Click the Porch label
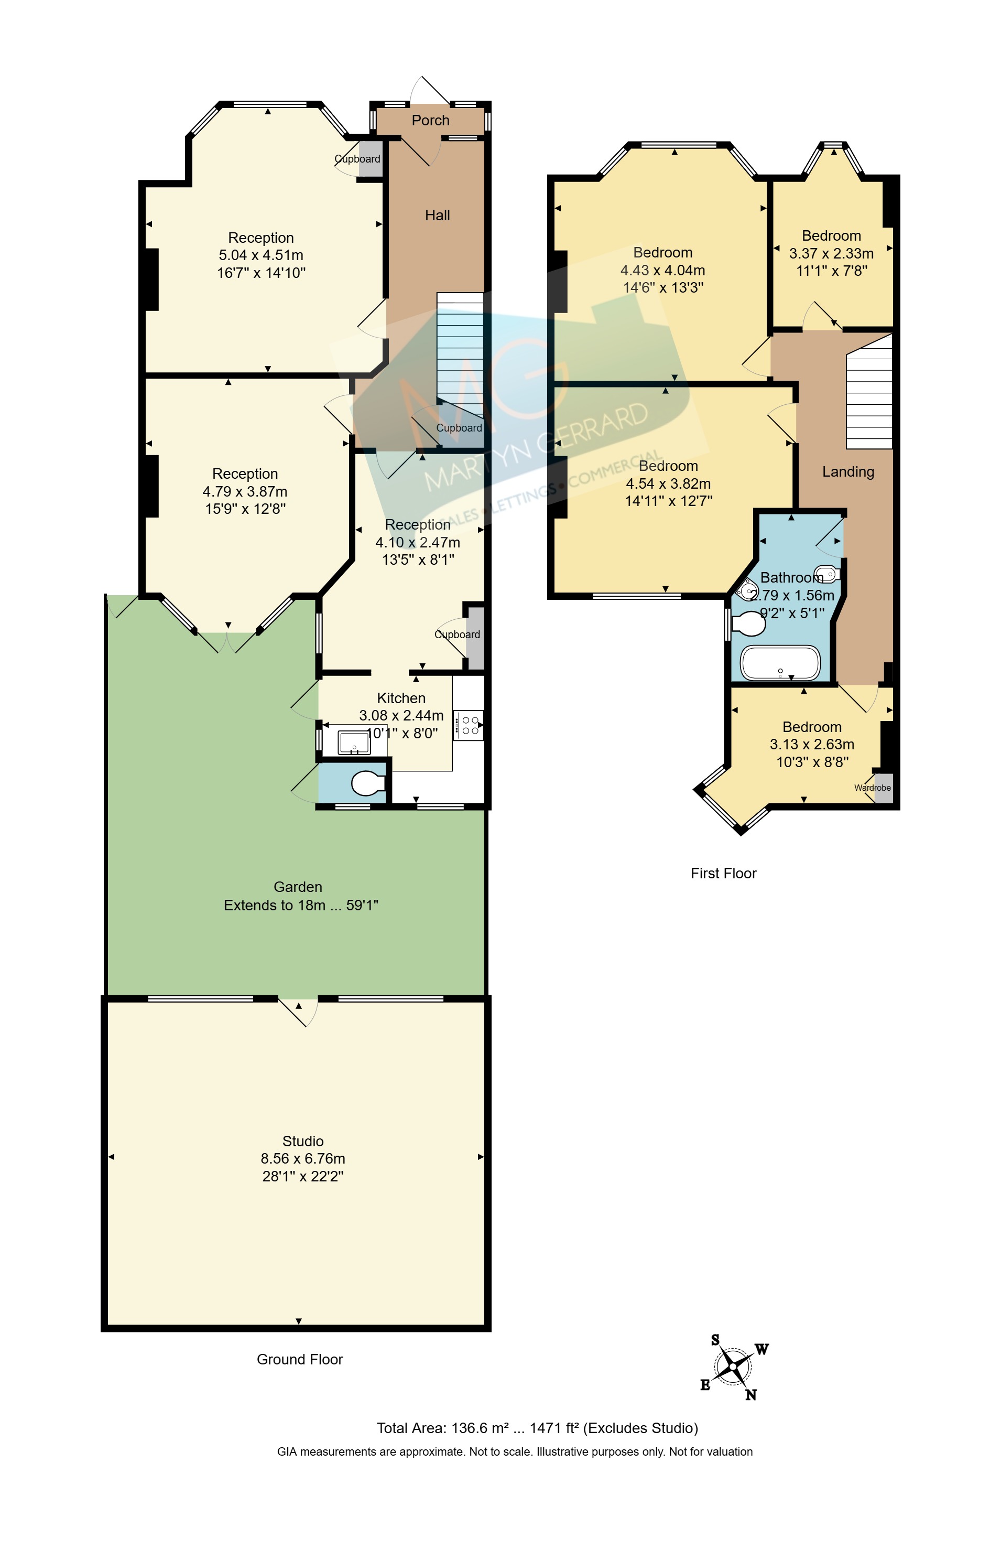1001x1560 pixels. tap(430, 120)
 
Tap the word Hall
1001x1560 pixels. tap(438, 215)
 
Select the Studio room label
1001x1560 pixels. tap(303, 1141)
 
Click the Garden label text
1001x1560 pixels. tap(298, 887)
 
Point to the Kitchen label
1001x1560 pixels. tap(401, 698)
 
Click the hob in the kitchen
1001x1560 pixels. tap(468, 724)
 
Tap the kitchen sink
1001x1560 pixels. tap(354, 742)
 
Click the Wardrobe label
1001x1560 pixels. tap(872, 788)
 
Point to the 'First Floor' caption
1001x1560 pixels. tap(723, 873)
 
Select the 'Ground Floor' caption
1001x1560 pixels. tap(300, 1359)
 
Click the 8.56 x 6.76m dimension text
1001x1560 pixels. tap(303, 1159)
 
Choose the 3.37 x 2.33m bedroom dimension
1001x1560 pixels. tap(831, 254)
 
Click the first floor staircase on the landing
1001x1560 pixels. tap(869, 392)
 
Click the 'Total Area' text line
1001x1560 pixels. tap(538, 1428)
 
